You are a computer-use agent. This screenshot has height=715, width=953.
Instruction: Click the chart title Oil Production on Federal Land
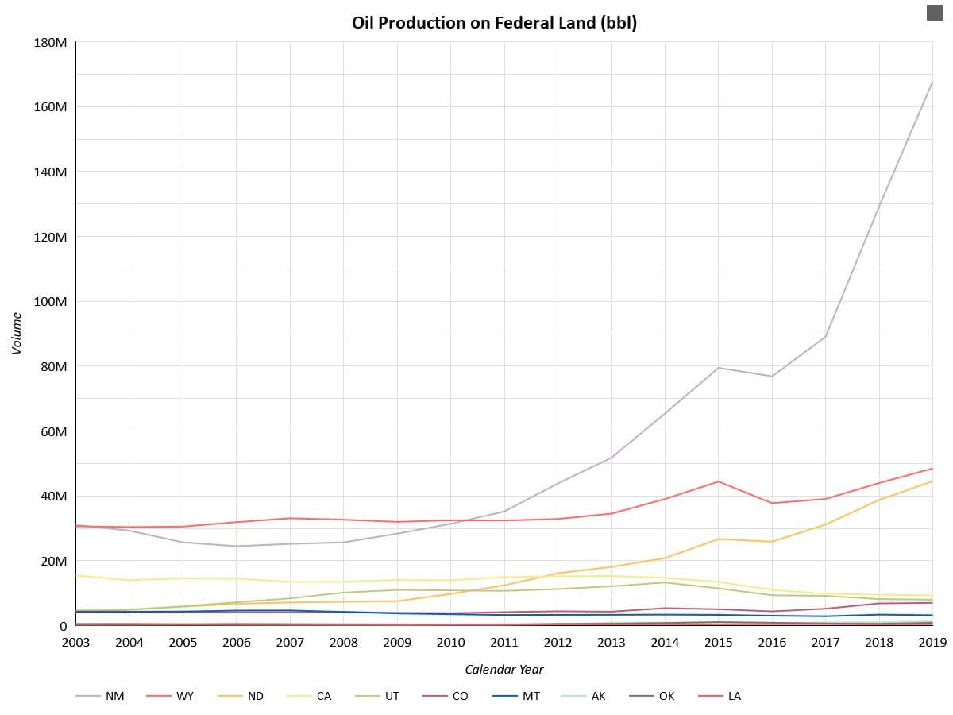(494, 23)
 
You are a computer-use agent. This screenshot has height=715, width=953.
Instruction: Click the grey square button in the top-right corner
(934, 12)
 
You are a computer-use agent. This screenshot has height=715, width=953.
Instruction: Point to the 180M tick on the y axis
(50, 42)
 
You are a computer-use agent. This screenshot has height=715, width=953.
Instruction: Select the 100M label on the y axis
(50, 302)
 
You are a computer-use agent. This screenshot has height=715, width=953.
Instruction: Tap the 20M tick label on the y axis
(53, 562)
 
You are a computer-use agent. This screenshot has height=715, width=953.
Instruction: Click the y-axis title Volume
(17, 333)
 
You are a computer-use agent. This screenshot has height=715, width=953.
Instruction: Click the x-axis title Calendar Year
(504, 670)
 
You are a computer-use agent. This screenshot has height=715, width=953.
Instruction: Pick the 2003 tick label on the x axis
(76, 643)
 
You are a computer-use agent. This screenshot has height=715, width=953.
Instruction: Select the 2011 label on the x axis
(504, 643)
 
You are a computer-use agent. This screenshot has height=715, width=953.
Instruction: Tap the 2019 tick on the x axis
(932, 643)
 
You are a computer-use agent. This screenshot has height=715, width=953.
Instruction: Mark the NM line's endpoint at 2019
(932, 81)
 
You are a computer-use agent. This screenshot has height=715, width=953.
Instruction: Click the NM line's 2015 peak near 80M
(718, 368)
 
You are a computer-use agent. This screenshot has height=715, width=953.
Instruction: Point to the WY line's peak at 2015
(718, 481)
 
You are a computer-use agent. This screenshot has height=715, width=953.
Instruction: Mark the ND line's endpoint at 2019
(932, 481)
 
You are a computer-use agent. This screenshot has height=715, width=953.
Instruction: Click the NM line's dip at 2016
(771, 377)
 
